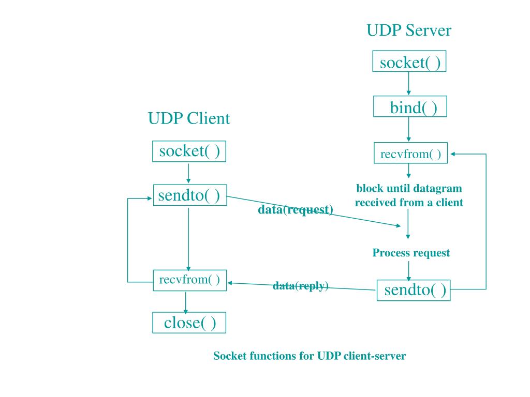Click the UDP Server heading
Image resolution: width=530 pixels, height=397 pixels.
(408, 30)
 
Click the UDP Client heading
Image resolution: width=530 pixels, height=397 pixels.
(189, 119)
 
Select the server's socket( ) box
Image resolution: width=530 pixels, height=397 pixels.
(409, 63)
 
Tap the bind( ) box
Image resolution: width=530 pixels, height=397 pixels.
(409, 108)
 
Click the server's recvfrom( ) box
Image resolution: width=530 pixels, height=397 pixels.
(410, 154)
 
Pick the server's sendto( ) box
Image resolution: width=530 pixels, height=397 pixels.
(413, 291)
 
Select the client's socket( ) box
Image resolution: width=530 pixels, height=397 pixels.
(189, 152)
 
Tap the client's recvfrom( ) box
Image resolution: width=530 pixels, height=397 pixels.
(189, 280)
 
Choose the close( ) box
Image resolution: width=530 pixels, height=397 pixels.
(189, 323)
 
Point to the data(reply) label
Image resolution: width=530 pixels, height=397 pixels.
(301, 286)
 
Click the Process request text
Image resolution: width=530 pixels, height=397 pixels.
(411, 253)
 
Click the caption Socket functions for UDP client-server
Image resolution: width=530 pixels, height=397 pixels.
(310, 356)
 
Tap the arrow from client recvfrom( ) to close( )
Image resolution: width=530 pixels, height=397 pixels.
(186, 302)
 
